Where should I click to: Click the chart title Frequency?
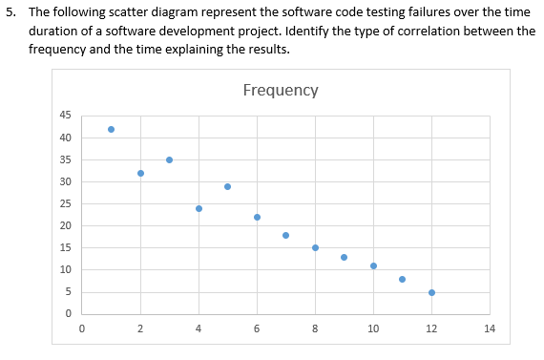point(281,91)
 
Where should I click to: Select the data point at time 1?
point(111,129)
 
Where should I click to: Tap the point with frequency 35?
point(169,159)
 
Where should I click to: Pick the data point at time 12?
point(431,292)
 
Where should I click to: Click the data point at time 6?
point(257,217)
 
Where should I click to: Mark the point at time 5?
point(227,186)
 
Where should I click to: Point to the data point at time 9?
point(344,257)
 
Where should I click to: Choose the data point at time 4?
point(199,208)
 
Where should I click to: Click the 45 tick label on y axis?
point(65,116)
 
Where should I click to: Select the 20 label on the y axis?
point(65,225)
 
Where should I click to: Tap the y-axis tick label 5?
point(68,292)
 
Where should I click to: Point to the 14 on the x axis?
point(490,329)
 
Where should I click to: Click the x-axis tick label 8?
point(315,329)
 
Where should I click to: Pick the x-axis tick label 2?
point(140,329)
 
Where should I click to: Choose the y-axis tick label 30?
point(65,181)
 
